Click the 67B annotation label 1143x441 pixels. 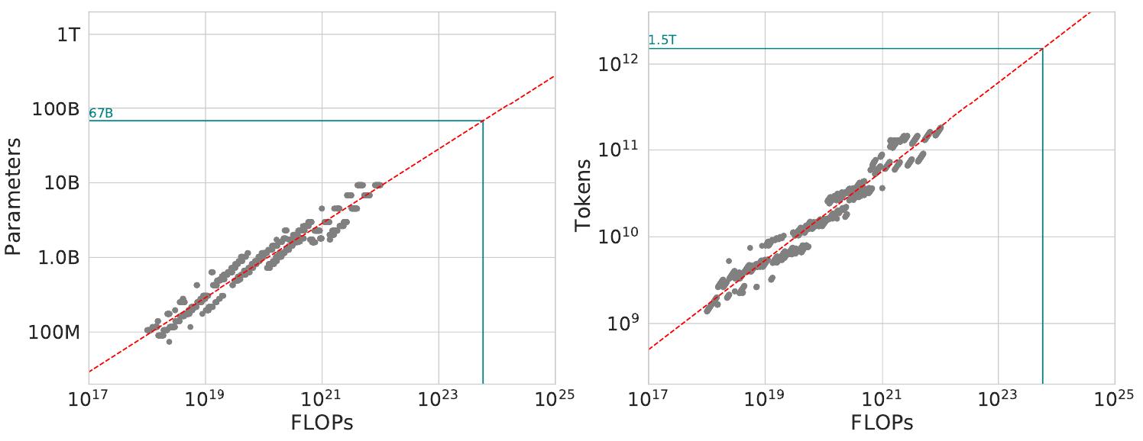101,114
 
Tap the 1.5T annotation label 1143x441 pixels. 662,40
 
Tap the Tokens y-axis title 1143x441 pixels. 584,195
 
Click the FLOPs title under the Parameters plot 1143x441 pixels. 322,422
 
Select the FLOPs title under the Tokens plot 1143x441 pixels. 882,422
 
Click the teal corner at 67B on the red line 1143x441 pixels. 483,121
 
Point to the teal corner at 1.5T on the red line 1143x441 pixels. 1043,49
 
